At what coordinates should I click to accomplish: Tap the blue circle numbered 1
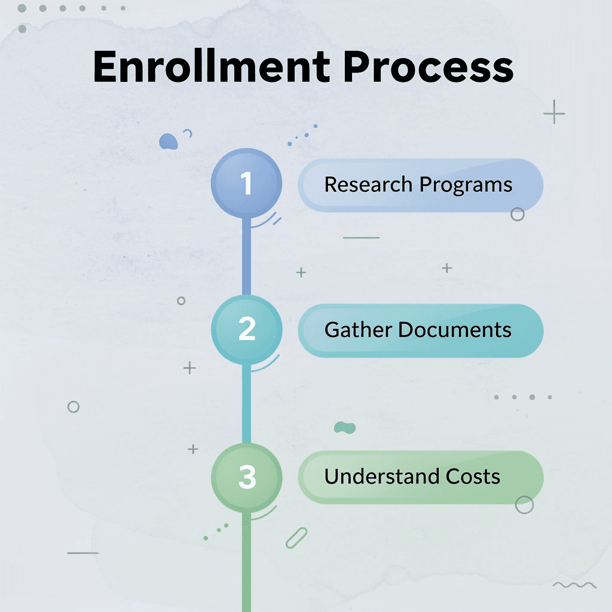(246, 183)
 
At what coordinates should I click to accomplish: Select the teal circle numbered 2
(246, 330)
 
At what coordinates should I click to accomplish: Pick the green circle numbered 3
(246, 477)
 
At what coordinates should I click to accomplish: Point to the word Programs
(466, 185)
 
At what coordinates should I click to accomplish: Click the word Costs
(473, 476)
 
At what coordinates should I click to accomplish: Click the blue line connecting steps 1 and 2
(245, 257)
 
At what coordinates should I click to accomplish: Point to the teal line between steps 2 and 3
(245, 403)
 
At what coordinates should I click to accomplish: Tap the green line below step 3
(246, 562)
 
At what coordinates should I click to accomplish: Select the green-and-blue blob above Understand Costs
(345, 427)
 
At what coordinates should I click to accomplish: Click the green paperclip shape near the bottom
(296, 537)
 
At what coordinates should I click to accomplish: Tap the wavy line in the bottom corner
(574, 585)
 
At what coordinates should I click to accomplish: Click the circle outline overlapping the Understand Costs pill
(524, 505)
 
